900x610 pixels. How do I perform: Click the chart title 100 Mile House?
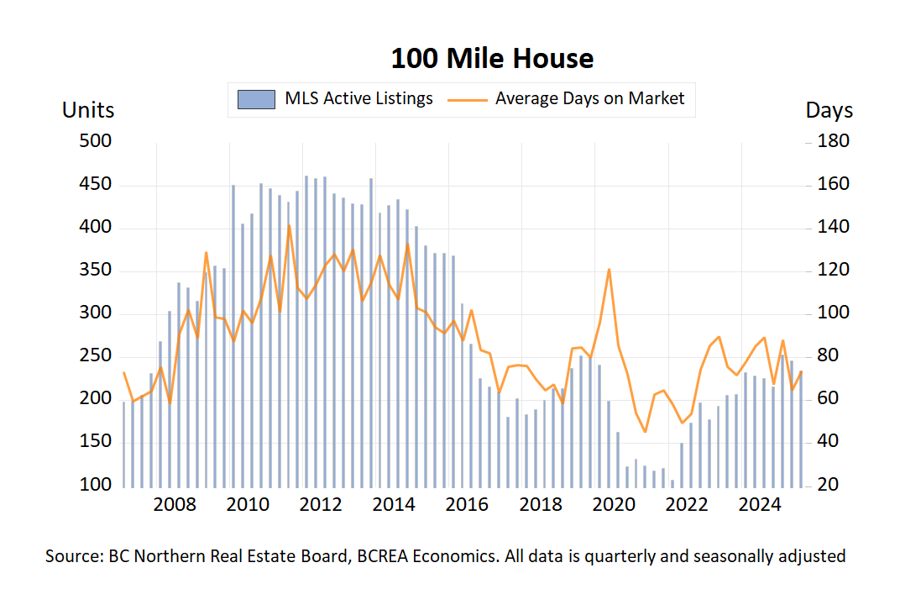coord(492,59)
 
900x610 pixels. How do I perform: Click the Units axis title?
coord(88,110)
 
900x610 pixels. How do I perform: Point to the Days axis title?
coord(829,110)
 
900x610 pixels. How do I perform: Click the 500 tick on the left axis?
coord(96,141)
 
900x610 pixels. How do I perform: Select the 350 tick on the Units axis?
coord(96,271)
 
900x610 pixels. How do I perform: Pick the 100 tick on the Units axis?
coord(96,486)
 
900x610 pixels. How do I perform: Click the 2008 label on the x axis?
coord(175,505)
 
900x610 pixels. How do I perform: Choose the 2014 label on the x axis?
coord(394,505)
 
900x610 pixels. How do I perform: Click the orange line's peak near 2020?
coord(609,269)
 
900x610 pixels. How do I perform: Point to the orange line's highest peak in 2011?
coord(289,224)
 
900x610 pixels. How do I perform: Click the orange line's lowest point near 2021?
coord(645,432)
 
